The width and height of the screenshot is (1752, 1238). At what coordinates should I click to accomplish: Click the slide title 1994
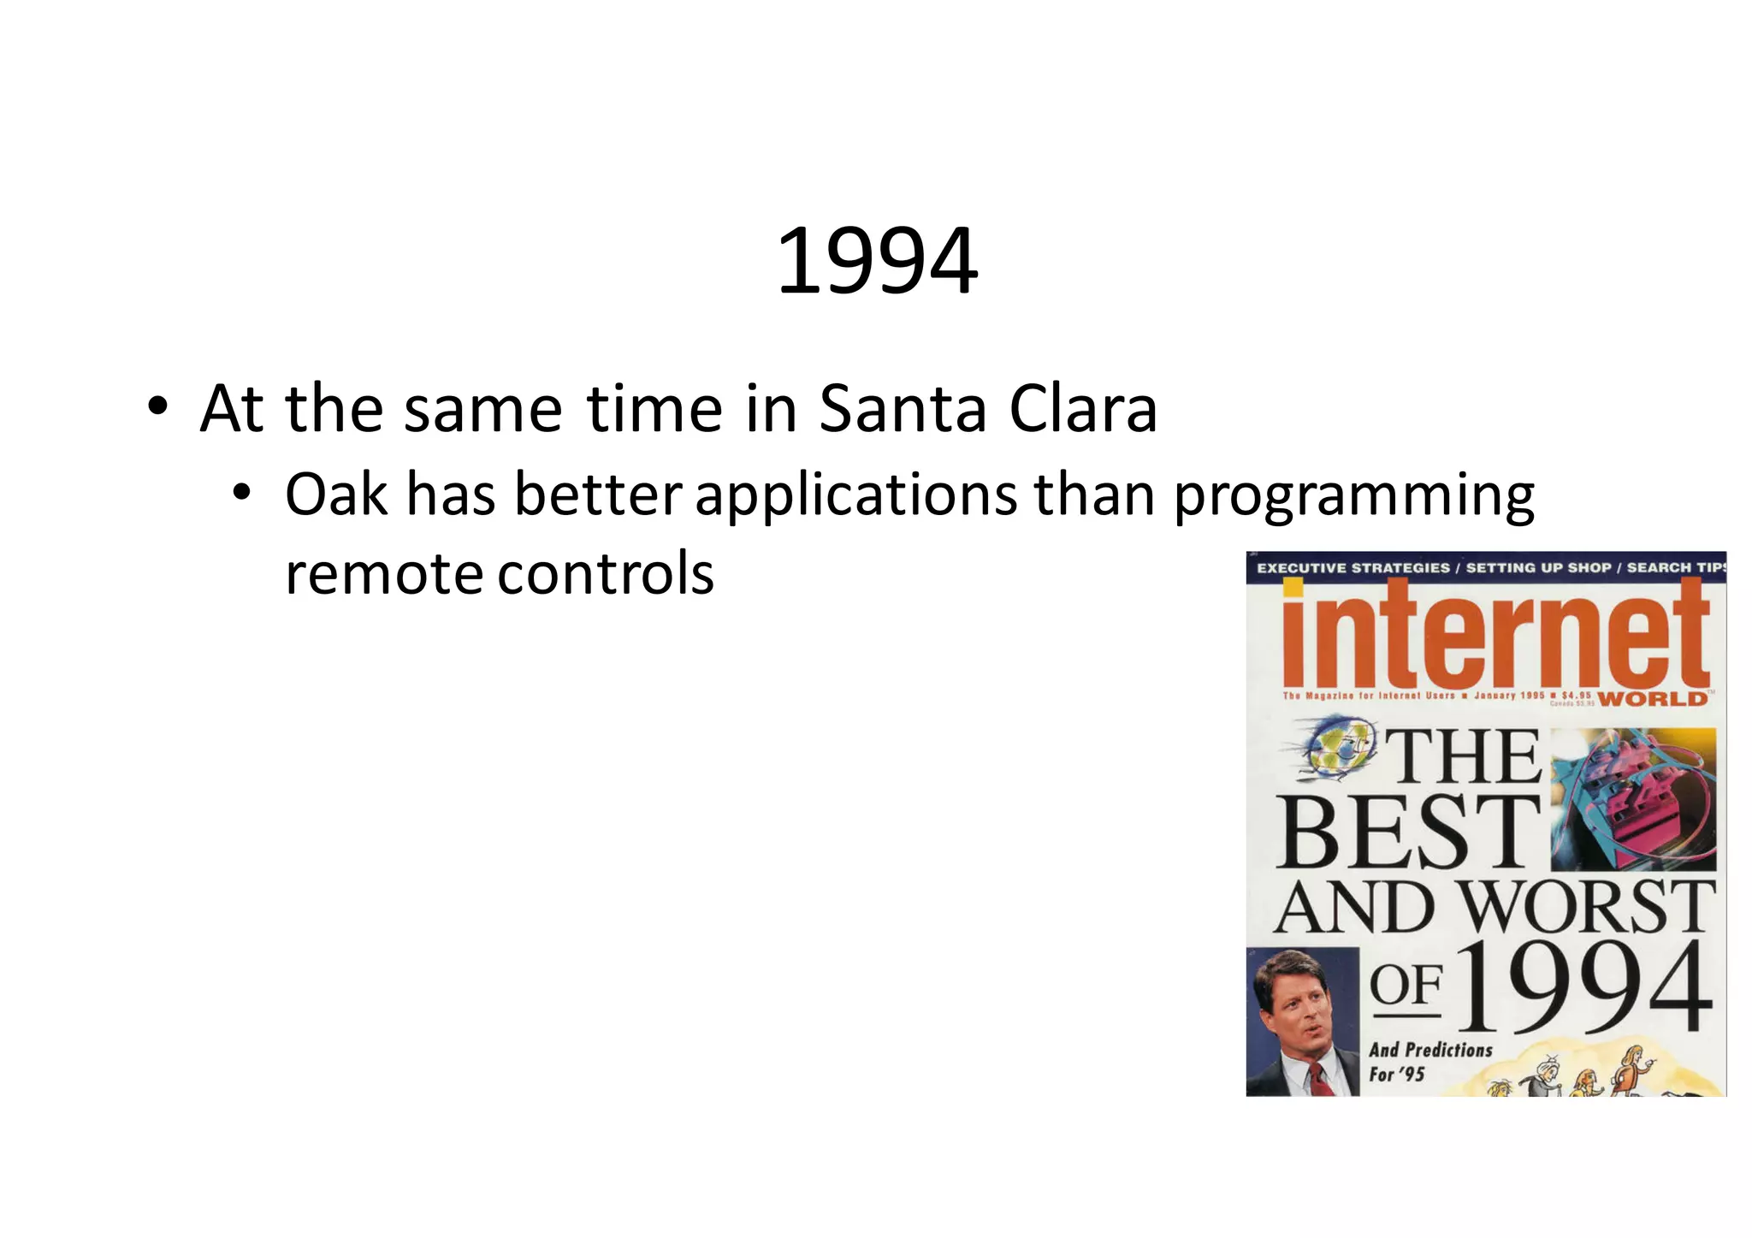[x=876, y=261]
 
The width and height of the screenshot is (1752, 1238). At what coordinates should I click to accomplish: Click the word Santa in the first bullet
[x=903, y=409]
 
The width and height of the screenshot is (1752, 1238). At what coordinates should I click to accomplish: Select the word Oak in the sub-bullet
[x=335, y=495]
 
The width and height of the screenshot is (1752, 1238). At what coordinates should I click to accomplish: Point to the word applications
[x=855, y=496]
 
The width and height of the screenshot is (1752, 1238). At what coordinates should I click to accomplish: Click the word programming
[x=1353, y=496]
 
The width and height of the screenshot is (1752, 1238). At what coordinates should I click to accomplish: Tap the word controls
[x=606, y=573]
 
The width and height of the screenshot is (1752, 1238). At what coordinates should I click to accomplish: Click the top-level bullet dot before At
[x=157, y=407]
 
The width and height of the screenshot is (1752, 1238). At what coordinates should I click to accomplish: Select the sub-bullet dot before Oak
[x=242, y=493]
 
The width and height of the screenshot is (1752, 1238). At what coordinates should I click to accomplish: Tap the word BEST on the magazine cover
[x=1407, y=832]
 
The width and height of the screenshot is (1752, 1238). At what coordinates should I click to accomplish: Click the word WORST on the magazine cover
[x=1587, y=907]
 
